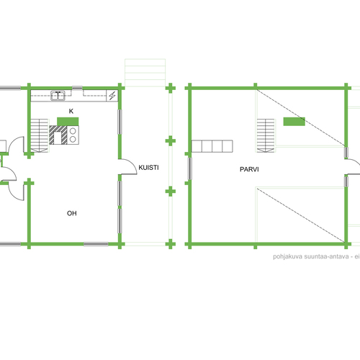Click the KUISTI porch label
coord(148,168)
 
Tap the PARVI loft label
coord(249,169)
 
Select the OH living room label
coord(72,213)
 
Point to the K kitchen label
coord(71,111)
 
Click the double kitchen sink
coord(58,96)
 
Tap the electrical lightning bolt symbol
coord(112,96)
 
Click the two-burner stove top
coord(73,135)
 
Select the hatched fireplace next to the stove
coord(58,135)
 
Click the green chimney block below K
coord(68,122)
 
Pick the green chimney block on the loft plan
coord(294,122)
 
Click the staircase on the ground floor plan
coord(40,135)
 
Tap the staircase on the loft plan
coord(266,135)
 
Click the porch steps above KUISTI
coord(145,73)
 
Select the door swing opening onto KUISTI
coord(129,166)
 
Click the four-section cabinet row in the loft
coord(212,146)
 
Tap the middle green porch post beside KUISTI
coord(171,141)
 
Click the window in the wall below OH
coord(96,244)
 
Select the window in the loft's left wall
coord(189,168)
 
